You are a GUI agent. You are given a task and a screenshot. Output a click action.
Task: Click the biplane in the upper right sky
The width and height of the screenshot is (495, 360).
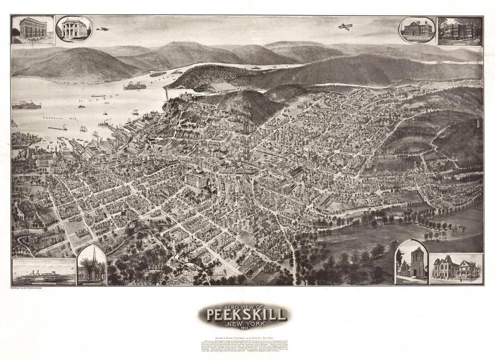(345, 27)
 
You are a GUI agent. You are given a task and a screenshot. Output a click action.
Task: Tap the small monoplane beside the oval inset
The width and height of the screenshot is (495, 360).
(102, 29)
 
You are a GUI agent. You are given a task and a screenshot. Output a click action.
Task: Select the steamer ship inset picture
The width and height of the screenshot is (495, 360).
(44, 272)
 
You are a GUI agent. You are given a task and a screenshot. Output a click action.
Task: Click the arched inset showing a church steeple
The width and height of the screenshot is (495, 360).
(92, 266)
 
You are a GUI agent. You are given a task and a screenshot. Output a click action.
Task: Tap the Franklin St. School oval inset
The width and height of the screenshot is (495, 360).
(417, 29)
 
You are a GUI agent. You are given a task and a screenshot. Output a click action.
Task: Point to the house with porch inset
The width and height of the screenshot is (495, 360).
(456, 268)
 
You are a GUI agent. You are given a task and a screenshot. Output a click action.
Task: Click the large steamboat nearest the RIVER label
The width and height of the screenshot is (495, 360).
(135, 85)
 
